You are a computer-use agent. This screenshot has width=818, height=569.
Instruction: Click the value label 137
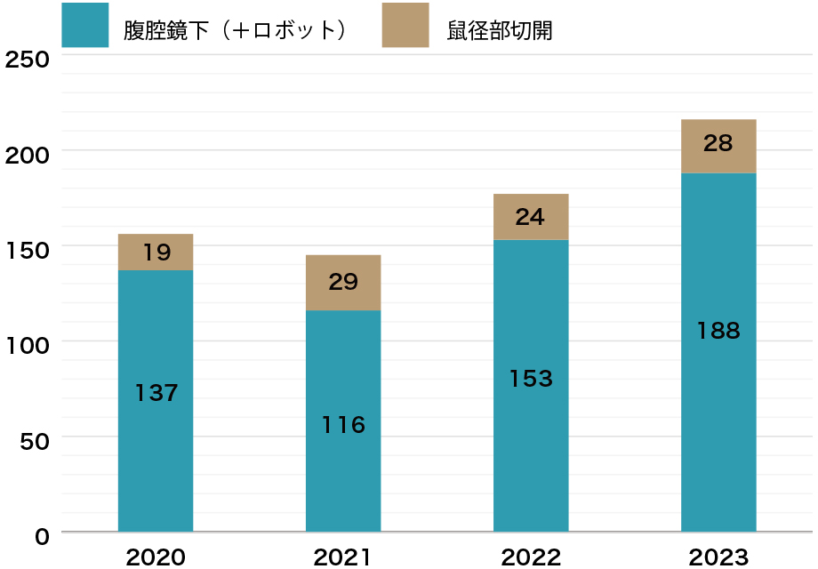click(156, 392)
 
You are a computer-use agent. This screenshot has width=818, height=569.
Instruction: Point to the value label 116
click(343, 425)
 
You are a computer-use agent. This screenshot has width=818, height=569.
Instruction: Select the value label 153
click(531, 379)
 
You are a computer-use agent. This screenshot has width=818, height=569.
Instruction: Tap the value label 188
click(718, 331)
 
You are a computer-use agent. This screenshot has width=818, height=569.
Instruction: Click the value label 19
click(156, 252)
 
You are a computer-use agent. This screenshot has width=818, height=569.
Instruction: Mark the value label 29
click(343, 283)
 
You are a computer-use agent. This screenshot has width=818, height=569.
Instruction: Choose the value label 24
click(531, 216)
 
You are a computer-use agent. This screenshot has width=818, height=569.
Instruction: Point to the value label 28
click(718, 142)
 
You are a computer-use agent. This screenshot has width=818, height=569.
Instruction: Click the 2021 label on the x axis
click(343, 557)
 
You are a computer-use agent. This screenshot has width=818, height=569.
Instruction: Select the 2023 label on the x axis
click(718, 557)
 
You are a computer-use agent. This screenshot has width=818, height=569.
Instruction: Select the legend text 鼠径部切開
click(500, 30)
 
